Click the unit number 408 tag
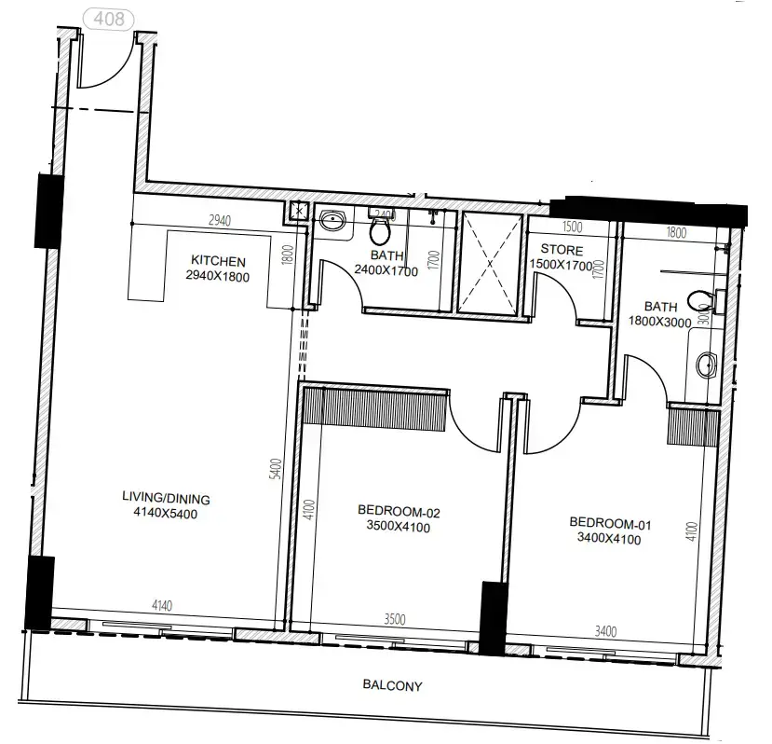[x=109, y=19]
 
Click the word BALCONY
[x=392, y=686]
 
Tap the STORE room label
[x=562, y=251]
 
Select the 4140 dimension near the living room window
[x=162, y=606]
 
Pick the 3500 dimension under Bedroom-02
[x=394, y=617]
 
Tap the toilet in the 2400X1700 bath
[x=380, y=229]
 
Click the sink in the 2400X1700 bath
[x=332, y=222]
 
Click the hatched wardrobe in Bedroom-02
[x=385, y=408]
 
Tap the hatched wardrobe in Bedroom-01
[x=692, y=428]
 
